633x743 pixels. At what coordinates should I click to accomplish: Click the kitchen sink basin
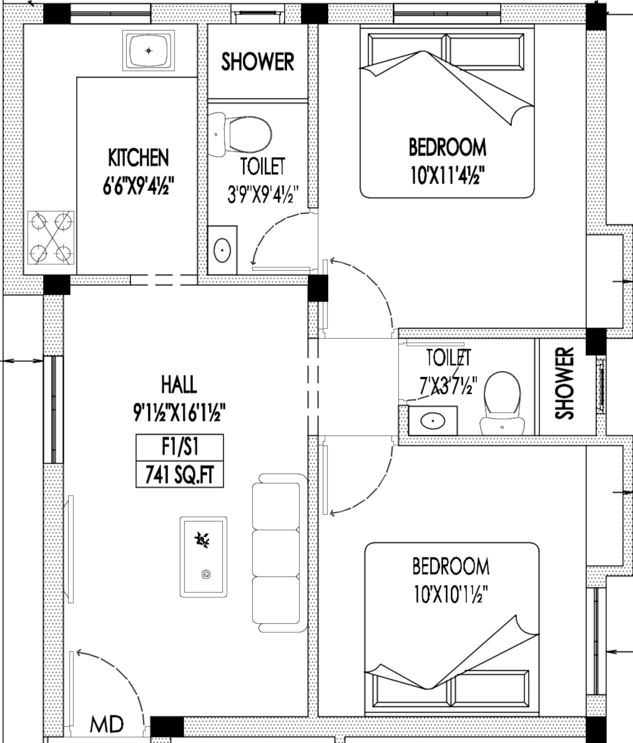click(149, 51)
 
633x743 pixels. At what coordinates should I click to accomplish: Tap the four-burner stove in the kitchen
click(51, 238)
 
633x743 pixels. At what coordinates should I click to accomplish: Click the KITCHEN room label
click(138, 158)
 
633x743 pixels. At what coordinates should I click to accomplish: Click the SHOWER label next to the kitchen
click(257, 62)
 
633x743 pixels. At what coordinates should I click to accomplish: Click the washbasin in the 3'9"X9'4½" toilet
click(222, 250)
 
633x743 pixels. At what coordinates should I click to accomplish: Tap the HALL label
click(179, 384)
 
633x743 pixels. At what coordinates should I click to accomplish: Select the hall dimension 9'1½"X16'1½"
click(179, 412)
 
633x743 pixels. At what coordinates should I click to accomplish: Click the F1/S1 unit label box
click(179, 448)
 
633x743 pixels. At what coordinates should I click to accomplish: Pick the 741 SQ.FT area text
click(179, 475)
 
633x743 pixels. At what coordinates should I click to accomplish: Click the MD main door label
click(107, 725)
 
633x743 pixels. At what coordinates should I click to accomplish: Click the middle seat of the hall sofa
click(276, 553)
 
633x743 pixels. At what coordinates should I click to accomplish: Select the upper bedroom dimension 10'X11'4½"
click(447, 176)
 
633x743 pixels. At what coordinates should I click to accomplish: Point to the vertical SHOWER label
click(564, 383)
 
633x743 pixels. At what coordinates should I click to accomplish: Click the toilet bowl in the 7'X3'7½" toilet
click(502, 403)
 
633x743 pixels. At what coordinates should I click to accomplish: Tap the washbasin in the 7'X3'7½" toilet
click(433, 421)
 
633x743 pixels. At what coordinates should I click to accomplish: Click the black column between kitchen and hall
click(57, 285)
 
